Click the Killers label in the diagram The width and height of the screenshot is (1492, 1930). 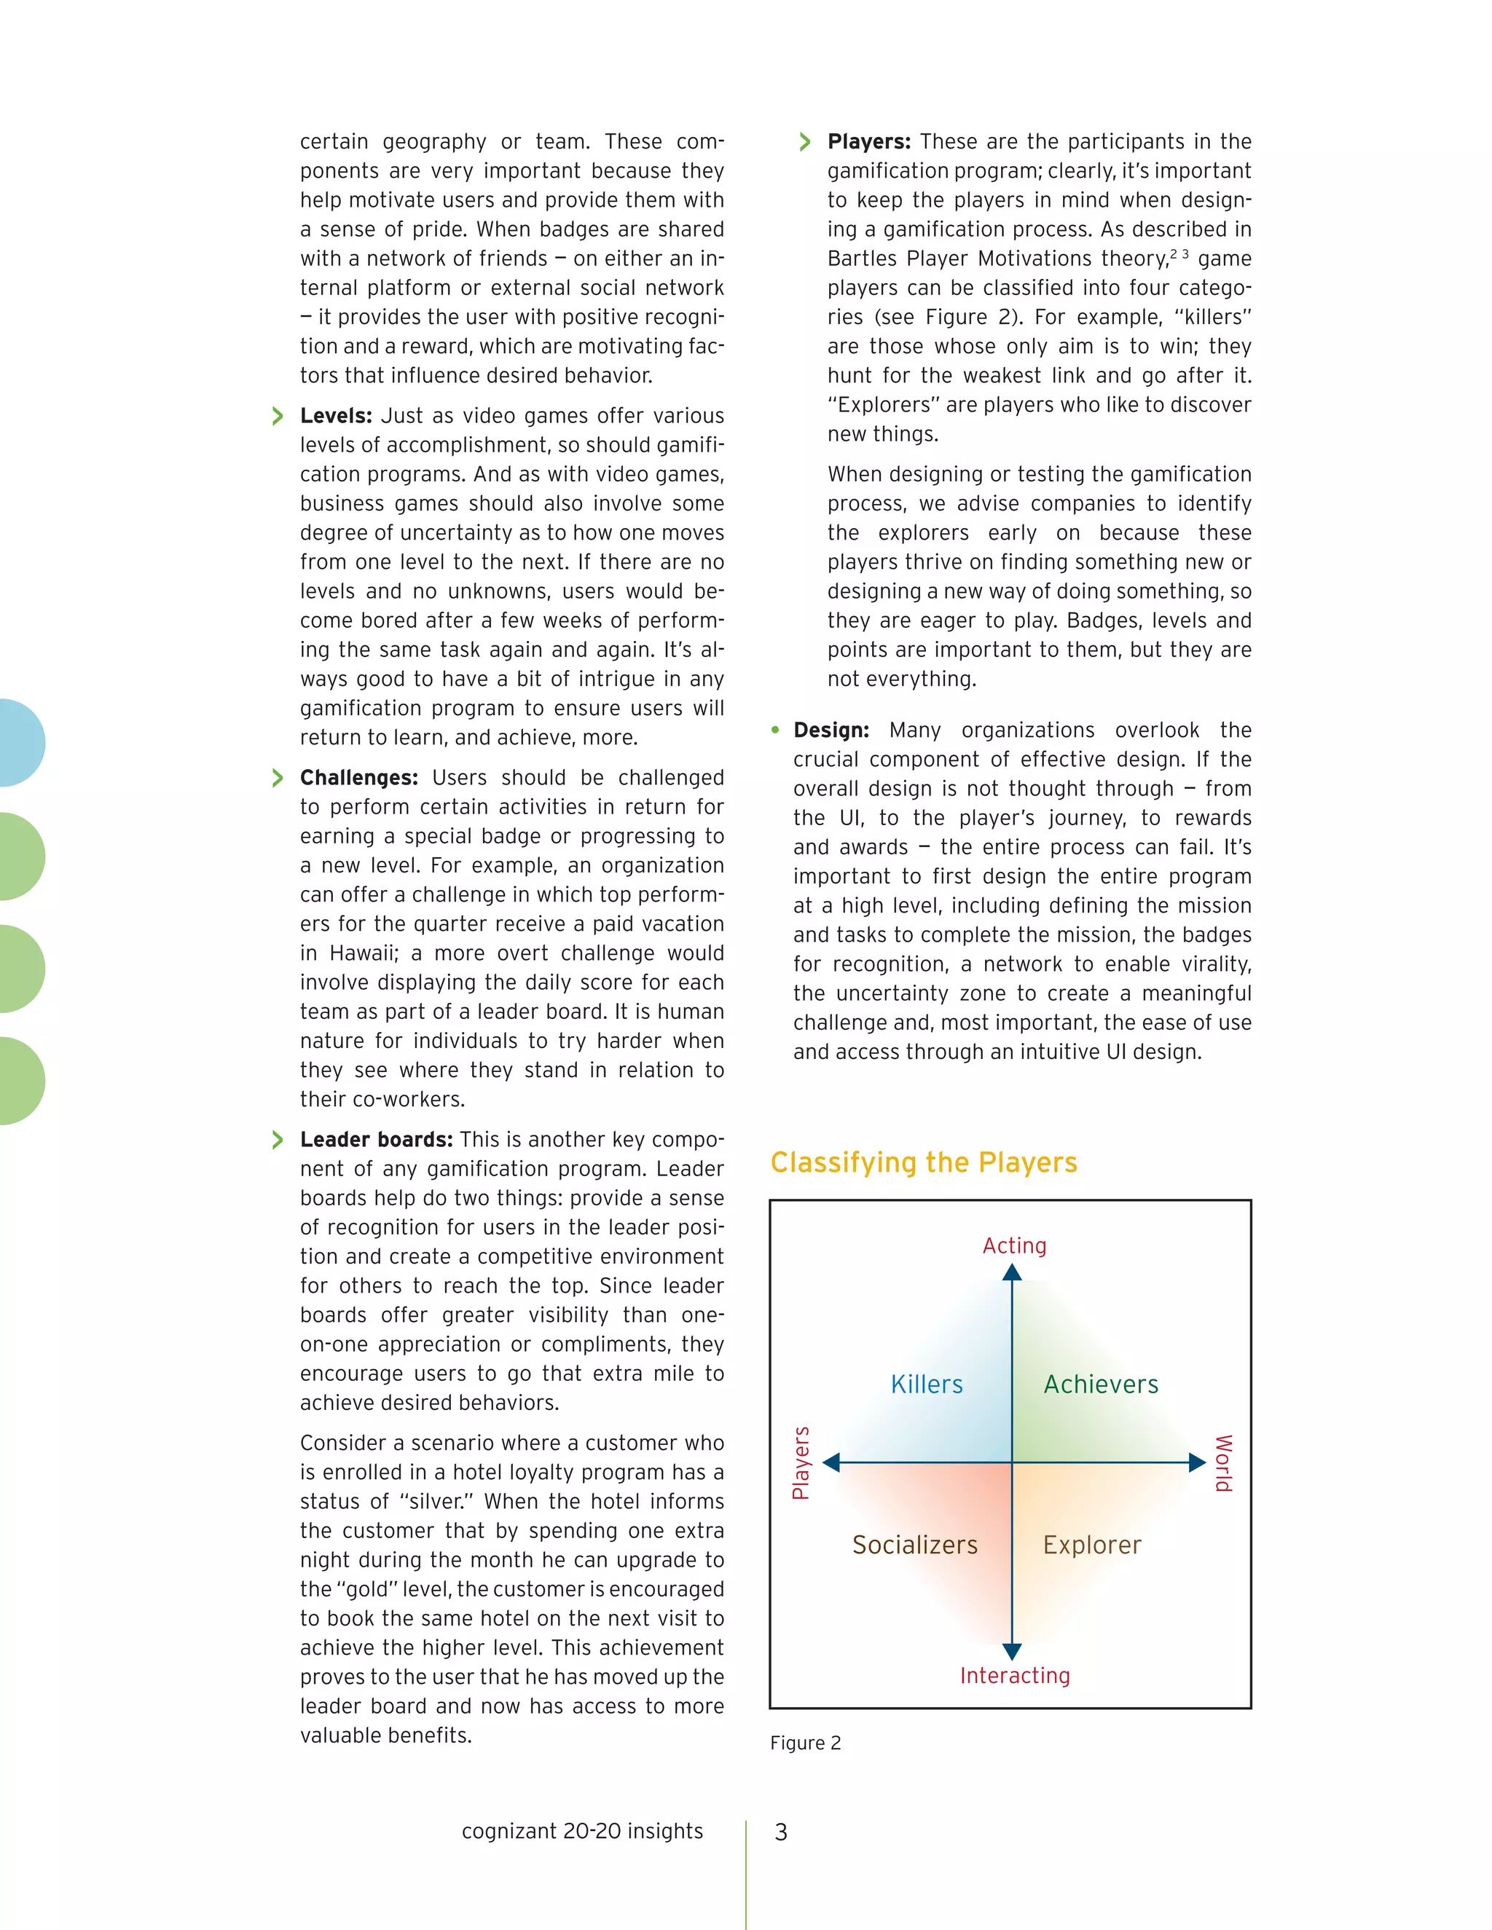pyautogui.click(x=927, y=1384)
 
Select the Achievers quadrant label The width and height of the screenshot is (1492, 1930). pyautogui.click(x=1101, y=1384)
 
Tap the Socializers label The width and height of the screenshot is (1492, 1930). pyautogui.click(x=915, y=1545)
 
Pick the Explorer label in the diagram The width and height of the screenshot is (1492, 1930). pyautogui.click(x=1091, y=1545)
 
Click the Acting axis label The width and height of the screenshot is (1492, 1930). pyautogui.click(x=1014, y=1245)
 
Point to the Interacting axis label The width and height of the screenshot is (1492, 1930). pyautogui.click(x=1015, y=1676)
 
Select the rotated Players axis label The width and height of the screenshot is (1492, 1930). pyautogui.click(x=801, y=1462)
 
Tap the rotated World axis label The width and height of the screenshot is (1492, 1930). pyautogui.click(x=1222, y=1463)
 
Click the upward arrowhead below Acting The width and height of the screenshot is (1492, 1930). pyautogui.click(x=1012, y=1273)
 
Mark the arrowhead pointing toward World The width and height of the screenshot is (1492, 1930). pyautogui.click(x=1197, y=1462)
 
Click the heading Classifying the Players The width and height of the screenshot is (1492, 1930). pyautogui.click(x=924, y=1162)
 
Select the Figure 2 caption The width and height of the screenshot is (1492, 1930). pyautogui.click(x=805, y=1743)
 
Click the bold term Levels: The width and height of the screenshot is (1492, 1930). pyautogui.click(x=336, y=415)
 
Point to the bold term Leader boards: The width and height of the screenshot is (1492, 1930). pyautogui.click(x=376, y=1139)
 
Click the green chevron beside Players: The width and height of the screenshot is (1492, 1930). pyautogui.click(x=804, y=141)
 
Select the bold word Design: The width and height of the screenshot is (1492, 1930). pyautogui.click(x=831, y=730)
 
